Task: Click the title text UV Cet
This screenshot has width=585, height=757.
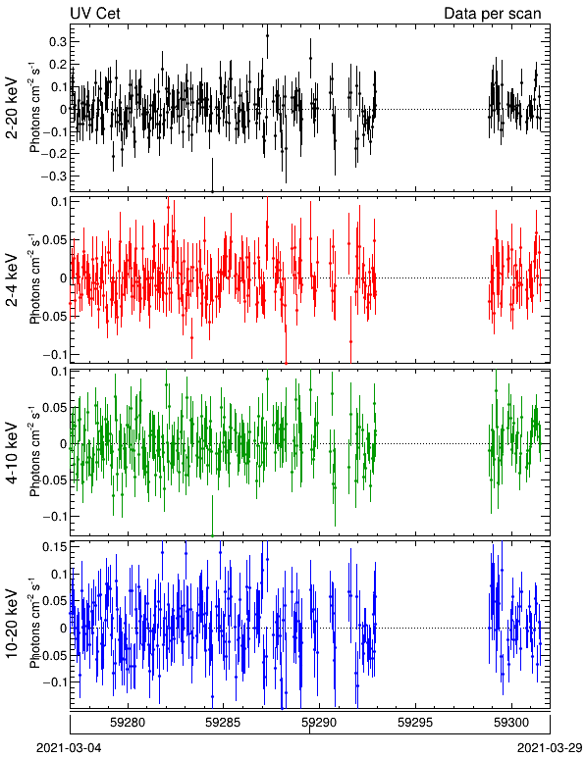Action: tap(95, 13)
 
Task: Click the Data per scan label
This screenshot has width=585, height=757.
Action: tap(493, 13)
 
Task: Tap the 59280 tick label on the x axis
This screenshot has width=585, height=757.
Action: tap(128, 723)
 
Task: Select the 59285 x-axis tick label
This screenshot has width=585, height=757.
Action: tap(224, 723)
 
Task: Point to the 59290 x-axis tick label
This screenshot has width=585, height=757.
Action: tap(319, 723)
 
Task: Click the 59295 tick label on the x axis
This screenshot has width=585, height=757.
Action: tap(415, 723)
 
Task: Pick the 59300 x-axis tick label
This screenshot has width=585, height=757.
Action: tap(511, 723)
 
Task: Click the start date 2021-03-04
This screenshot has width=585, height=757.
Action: tap(69, 748)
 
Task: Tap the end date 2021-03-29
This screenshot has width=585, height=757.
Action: tap(551, 748)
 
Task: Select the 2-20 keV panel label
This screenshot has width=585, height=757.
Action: tap(12, 108)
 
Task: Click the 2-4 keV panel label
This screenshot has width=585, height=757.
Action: tap(12, 280)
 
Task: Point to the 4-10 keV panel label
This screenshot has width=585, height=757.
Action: tap(12, 453)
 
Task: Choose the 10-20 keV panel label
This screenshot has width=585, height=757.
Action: tap(12, 624)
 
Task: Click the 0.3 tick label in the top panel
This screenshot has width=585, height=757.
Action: tap(58, 42)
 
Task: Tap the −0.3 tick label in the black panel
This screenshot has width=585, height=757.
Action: tap(54, 176)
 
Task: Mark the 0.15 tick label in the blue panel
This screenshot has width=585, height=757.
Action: tap(55, 547)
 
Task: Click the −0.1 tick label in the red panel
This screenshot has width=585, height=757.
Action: tap(54, 355)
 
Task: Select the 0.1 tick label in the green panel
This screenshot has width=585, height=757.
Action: tap(58, 372)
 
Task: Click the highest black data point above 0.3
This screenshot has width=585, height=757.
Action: tap(267, 35)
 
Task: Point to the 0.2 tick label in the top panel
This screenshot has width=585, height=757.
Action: tap(58, 64)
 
